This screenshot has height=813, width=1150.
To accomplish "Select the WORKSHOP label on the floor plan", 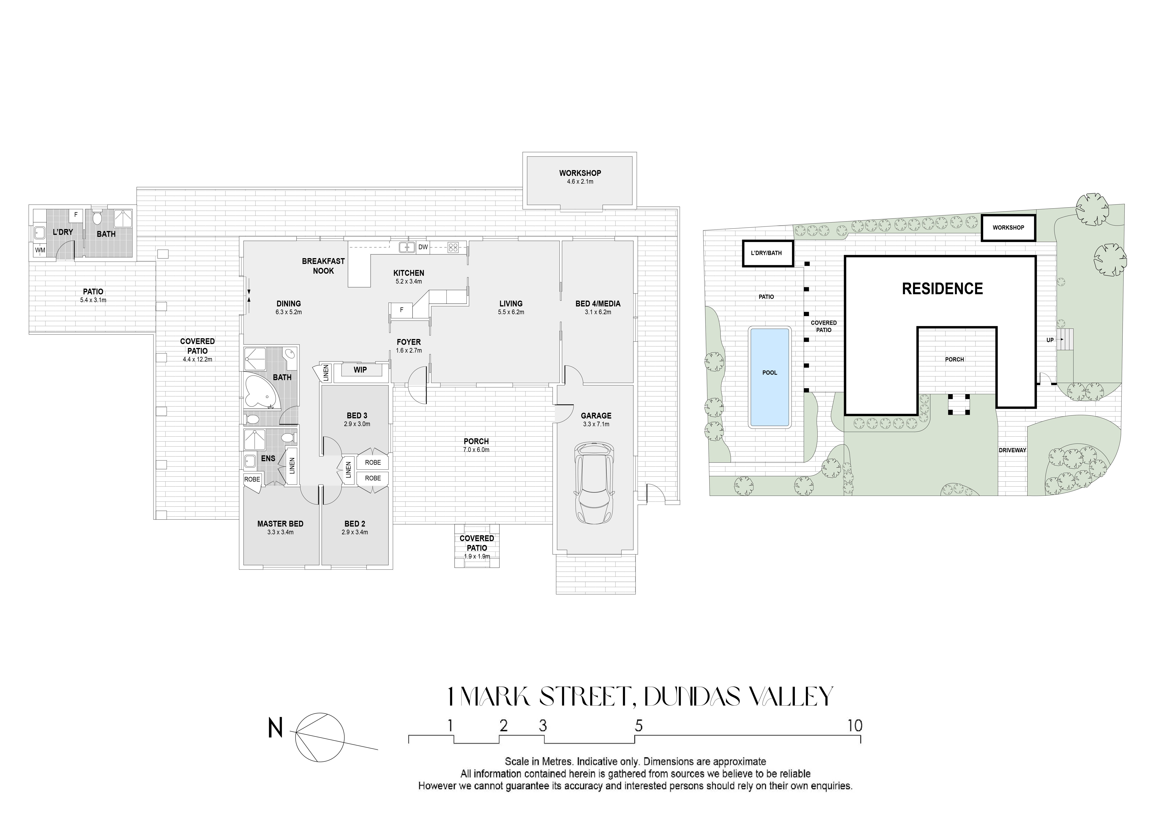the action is coord(580,173).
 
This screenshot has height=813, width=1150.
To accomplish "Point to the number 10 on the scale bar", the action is coord(855,726).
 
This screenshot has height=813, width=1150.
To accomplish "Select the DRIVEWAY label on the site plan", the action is coord(1012,450).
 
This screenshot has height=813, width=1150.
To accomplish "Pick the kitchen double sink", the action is coord(407,247).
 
